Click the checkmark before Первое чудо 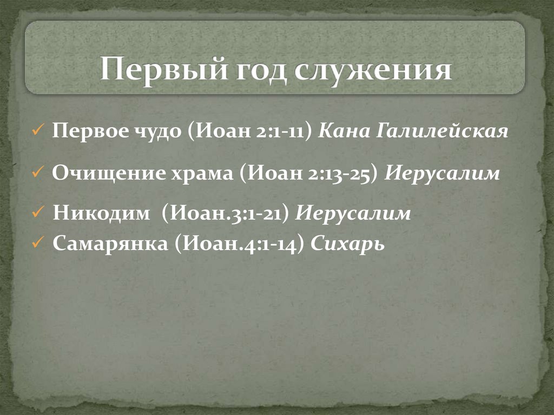pos(38,132)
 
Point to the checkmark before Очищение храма pos(38,174)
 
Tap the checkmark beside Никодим pos(38,213)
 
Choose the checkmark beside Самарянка pos(38,244)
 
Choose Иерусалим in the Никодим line pos(353,213)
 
